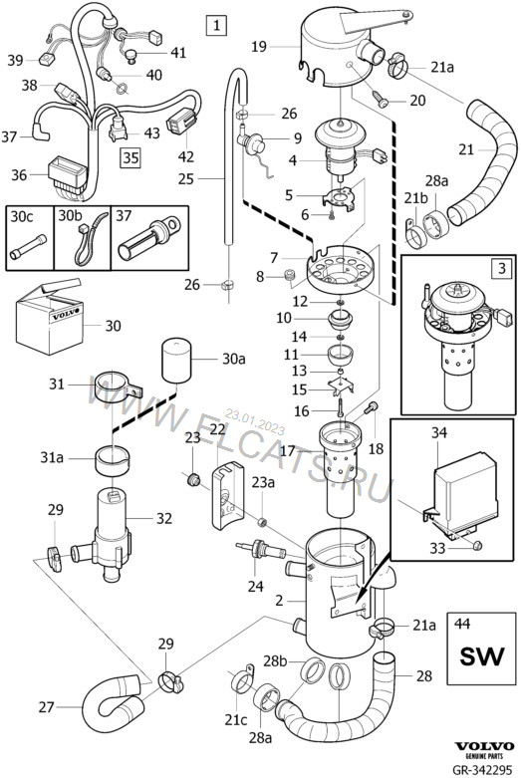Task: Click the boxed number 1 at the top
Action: (216, 25)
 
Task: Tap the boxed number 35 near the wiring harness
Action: (130, 157)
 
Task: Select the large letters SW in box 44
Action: (481, 655)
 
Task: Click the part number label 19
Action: (259, 47)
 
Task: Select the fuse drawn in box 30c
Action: (28, 247)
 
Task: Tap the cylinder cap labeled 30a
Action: (175, 361)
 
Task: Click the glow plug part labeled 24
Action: (260, 550)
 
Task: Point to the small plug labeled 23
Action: (192, 479)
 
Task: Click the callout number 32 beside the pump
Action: (164, 519)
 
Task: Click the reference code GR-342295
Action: (481, 770)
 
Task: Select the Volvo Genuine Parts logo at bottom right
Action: (484, 750)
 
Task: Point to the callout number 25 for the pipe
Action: (185, 178)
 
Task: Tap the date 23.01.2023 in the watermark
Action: (255, 421)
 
